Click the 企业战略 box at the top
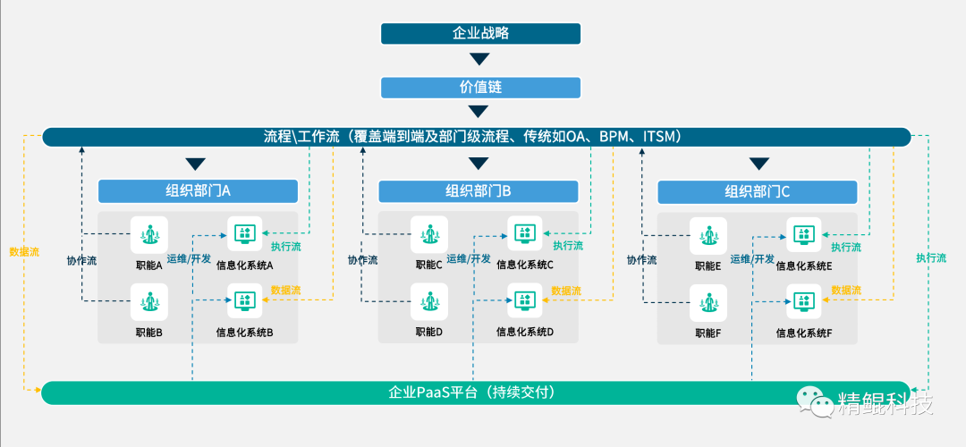point(480,33)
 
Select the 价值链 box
point(480,88)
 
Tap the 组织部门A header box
point(197,191)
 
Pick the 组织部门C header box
point(757,191)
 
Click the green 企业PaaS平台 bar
point(474,392)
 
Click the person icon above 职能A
point(148,235)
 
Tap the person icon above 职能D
point(429,302)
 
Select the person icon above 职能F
point(708,302)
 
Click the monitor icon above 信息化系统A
point(244,235)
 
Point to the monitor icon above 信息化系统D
point(525,302)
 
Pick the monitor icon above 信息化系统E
point(803,235)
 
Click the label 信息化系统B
point(244,333)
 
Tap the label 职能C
point(429,266)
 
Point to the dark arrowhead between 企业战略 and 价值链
point(480,60)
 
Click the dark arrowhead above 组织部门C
point(759,164)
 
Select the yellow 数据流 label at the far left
point(24,252)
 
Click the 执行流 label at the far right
point(931,258)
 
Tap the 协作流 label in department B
point(362,260)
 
